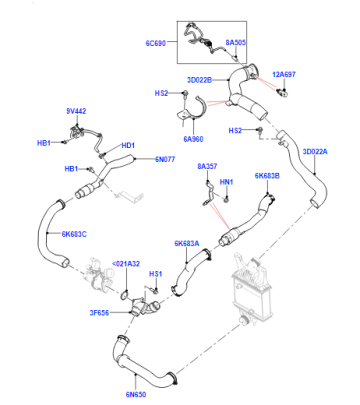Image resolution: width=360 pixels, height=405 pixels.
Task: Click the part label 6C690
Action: pos(155,43)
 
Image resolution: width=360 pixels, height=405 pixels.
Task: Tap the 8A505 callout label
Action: pos(236,43)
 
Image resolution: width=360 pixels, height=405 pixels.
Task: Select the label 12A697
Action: pos(284,74)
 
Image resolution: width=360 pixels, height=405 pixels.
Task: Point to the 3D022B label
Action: pos(199,80)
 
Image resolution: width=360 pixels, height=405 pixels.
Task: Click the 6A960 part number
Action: pos(193,139)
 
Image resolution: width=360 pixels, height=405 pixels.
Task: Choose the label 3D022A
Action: pos(315,152)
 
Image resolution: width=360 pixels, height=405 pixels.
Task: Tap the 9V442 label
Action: pos(76,111)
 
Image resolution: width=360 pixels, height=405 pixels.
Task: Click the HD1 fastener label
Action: pos(128,146)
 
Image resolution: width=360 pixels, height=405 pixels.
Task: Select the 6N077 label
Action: pos(165,159)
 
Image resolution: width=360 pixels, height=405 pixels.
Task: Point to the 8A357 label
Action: pos(207,166)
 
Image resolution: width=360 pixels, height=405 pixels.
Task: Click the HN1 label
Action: pos(226,182)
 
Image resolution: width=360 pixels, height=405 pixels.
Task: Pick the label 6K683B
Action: pos(267,176)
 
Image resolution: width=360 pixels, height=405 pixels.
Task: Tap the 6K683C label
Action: pos(74,234)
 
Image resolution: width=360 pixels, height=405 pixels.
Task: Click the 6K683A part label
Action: pos(187,244)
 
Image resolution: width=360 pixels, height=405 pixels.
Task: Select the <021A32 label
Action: pos(126,264)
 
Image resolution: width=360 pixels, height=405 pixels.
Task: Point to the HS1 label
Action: pos(155,274)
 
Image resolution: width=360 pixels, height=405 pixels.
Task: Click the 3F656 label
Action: pos(99,313)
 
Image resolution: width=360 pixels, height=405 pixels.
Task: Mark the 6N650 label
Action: pos(136,395)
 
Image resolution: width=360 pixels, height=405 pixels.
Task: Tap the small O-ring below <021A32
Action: pos(125,294)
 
